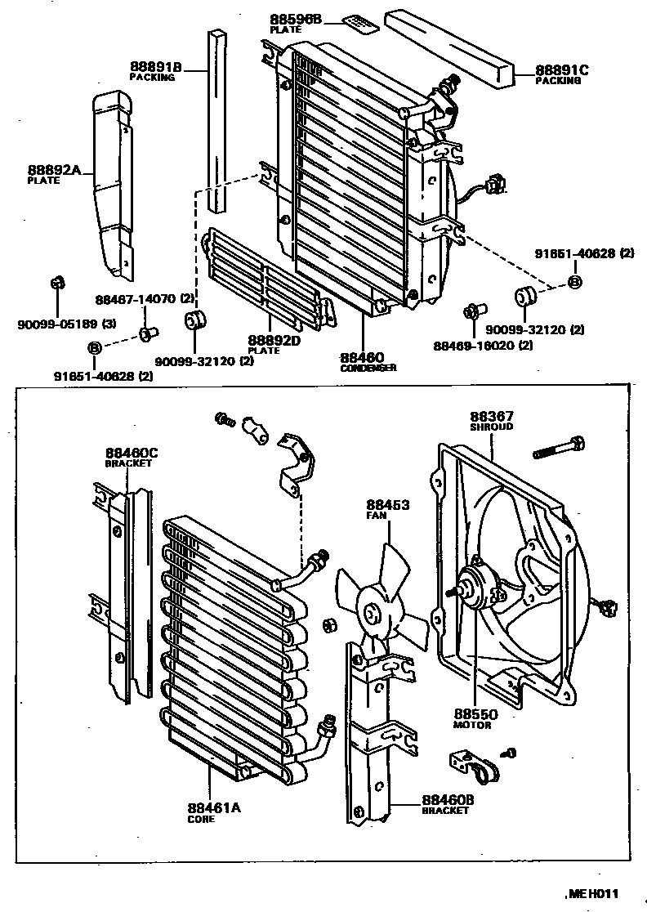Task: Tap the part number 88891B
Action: (155, 67)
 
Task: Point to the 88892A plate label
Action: (54, 170)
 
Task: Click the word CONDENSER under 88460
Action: (368, 368)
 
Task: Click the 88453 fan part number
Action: (387, 505)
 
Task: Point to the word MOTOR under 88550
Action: (472, 725)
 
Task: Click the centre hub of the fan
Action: (373, 613)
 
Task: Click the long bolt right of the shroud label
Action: (559, 448)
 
